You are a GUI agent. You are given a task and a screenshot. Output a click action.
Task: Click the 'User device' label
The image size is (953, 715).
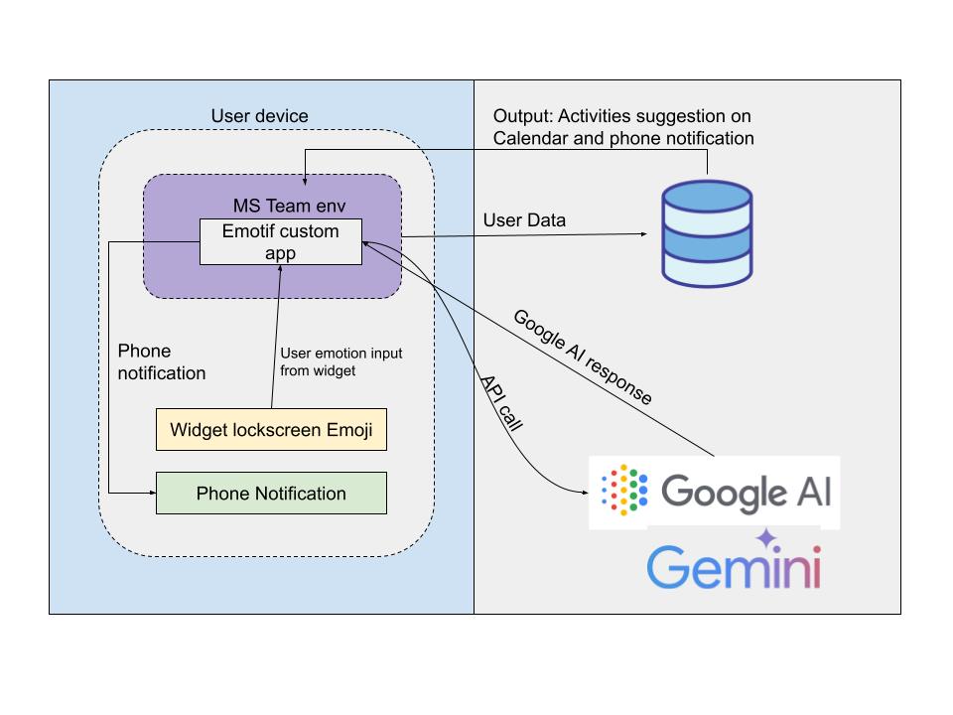[259, 116]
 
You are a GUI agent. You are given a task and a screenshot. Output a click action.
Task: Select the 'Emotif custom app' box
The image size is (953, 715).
[280, 242]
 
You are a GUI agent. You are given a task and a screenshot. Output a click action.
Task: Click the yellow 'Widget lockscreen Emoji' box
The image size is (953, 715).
[271, 430]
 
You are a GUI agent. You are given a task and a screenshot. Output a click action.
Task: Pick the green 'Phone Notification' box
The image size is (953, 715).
[271, 494]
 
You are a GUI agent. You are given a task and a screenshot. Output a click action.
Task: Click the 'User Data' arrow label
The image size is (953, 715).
[523, 220]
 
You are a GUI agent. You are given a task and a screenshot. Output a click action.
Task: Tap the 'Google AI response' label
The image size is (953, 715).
[582, 357]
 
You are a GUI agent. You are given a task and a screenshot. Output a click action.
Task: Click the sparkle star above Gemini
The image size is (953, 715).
[765, 539]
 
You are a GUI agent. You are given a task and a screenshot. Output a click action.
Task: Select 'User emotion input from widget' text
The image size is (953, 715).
[340, 361]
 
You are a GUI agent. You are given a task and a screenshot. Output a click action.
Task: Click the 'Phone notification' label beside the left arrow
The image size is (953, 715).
[161, 362]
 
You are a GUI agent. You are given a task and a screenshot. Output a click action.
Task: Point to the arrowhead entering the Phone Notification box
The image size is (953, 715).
[151, 494]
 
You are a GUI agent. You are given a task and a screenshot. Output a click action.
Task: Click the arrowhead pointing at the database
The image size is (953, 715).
[645, 235]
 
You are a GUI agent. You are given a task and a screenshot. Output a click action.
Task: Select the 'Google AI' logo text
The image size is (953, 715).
[746, 491]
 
